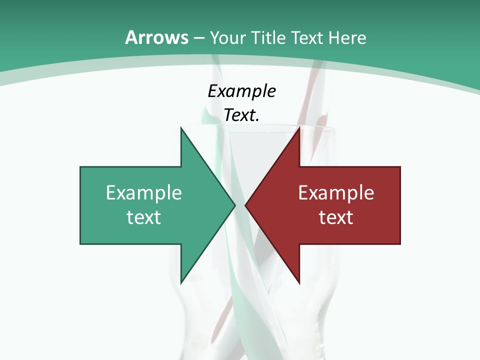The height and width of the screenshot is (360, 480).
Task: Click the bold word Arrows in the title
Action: click(156, 37)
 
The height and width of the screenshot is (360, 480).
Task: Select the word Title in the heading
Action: click(268, 37)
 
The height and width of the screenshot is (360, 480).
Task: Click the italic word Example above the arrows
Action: click(241, 91)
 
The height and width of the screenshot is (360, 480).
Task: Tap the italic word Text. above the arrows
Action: click(241, 115)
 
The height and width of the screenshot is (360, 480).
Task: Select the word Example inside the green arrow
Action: click(144, 192)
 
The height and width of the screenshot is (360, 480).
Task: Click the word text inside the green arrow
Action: click(144, 217)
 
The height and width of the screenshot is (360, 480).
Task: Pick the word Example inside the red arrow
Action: click(336, 192)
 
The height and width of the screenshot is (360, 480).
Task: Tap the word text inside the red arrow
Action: click(336, 217)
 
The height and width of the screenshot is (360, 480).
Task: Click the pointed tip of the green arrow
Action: click(235, 205)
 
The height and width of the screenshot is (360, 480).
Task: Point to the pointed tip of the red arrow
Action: click(245, 205)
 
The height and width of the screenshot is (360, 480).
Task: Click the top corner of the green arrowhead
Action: click(181, 127)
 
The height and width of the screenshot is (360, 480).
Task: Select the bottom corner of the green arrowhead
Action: click(181, 283)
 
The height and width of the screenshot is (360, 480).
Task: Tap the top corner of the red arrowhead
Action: click(299, 127)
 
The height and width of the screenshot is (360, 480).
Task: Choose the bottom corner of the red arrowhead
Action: click(299, 283)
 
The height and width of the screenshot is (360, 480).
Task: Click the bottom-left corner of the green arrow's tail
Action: click(80, 244)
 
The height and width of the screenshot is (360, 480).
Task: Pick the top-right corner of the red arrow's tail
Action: click(400, 167)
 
